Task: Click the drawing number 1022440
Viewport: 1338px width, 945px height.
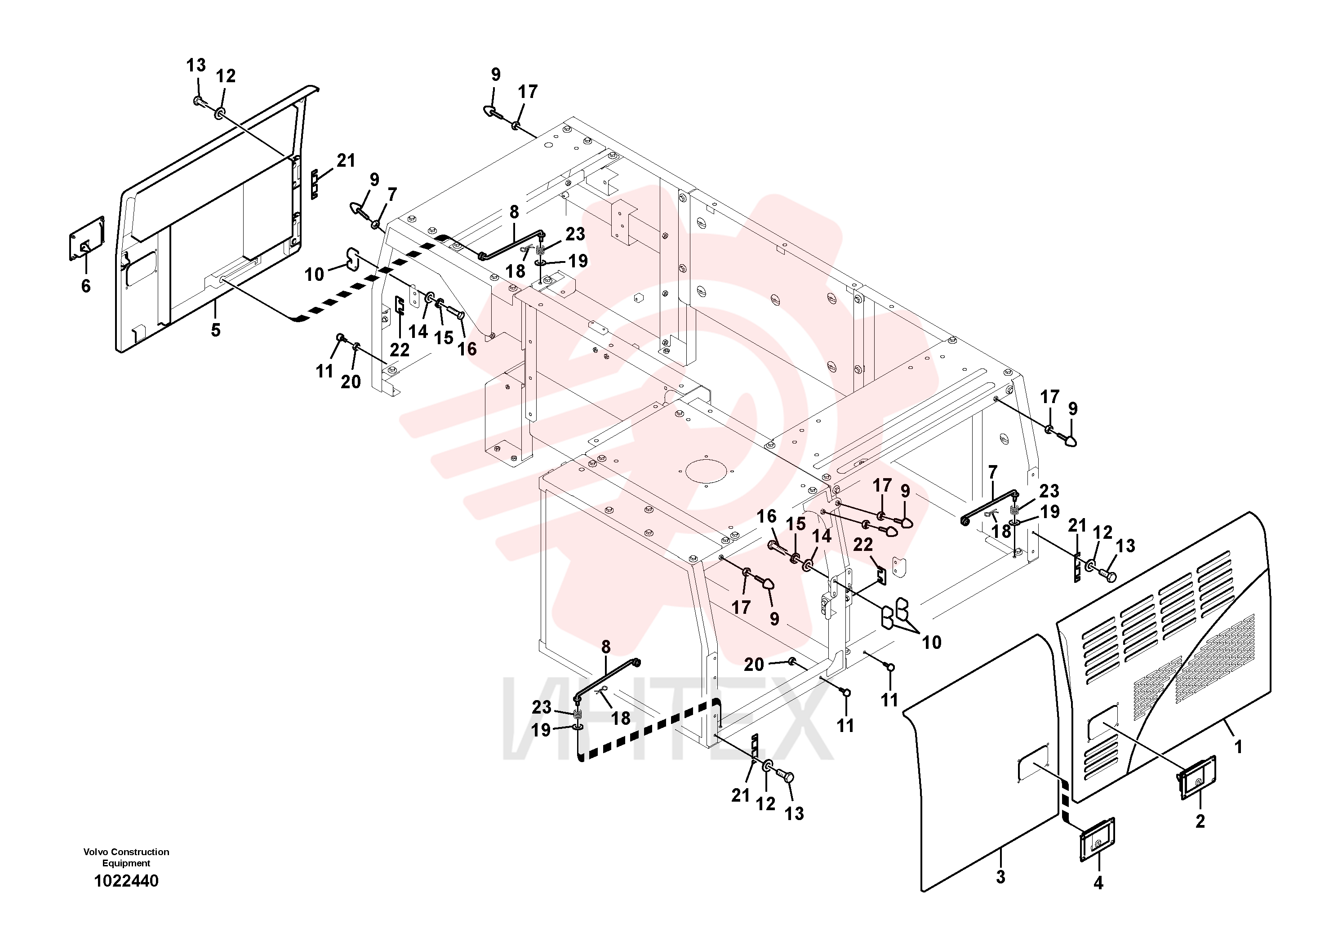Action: point(126,881)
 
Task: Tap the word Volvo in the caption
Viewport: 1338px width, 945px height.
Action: point(96,852)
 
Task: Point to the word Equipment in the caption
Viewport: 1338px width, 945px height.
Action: point(126,863)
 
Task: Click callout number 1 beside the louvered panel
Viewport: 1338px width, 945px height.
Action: point(1238,747)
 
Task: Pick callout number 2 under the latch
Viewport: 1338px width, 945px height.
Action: point(1200,821)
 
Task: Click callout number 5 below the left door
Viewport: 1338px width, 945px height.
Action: point(216,330)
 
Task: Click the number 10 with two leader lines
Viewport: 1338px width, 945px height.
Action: point(931,642)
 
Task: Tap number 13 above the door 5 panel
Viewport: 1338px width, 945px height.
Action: point(196,65)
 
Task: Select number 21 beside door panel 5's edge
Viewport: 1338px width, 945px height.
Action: point(346,160)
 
